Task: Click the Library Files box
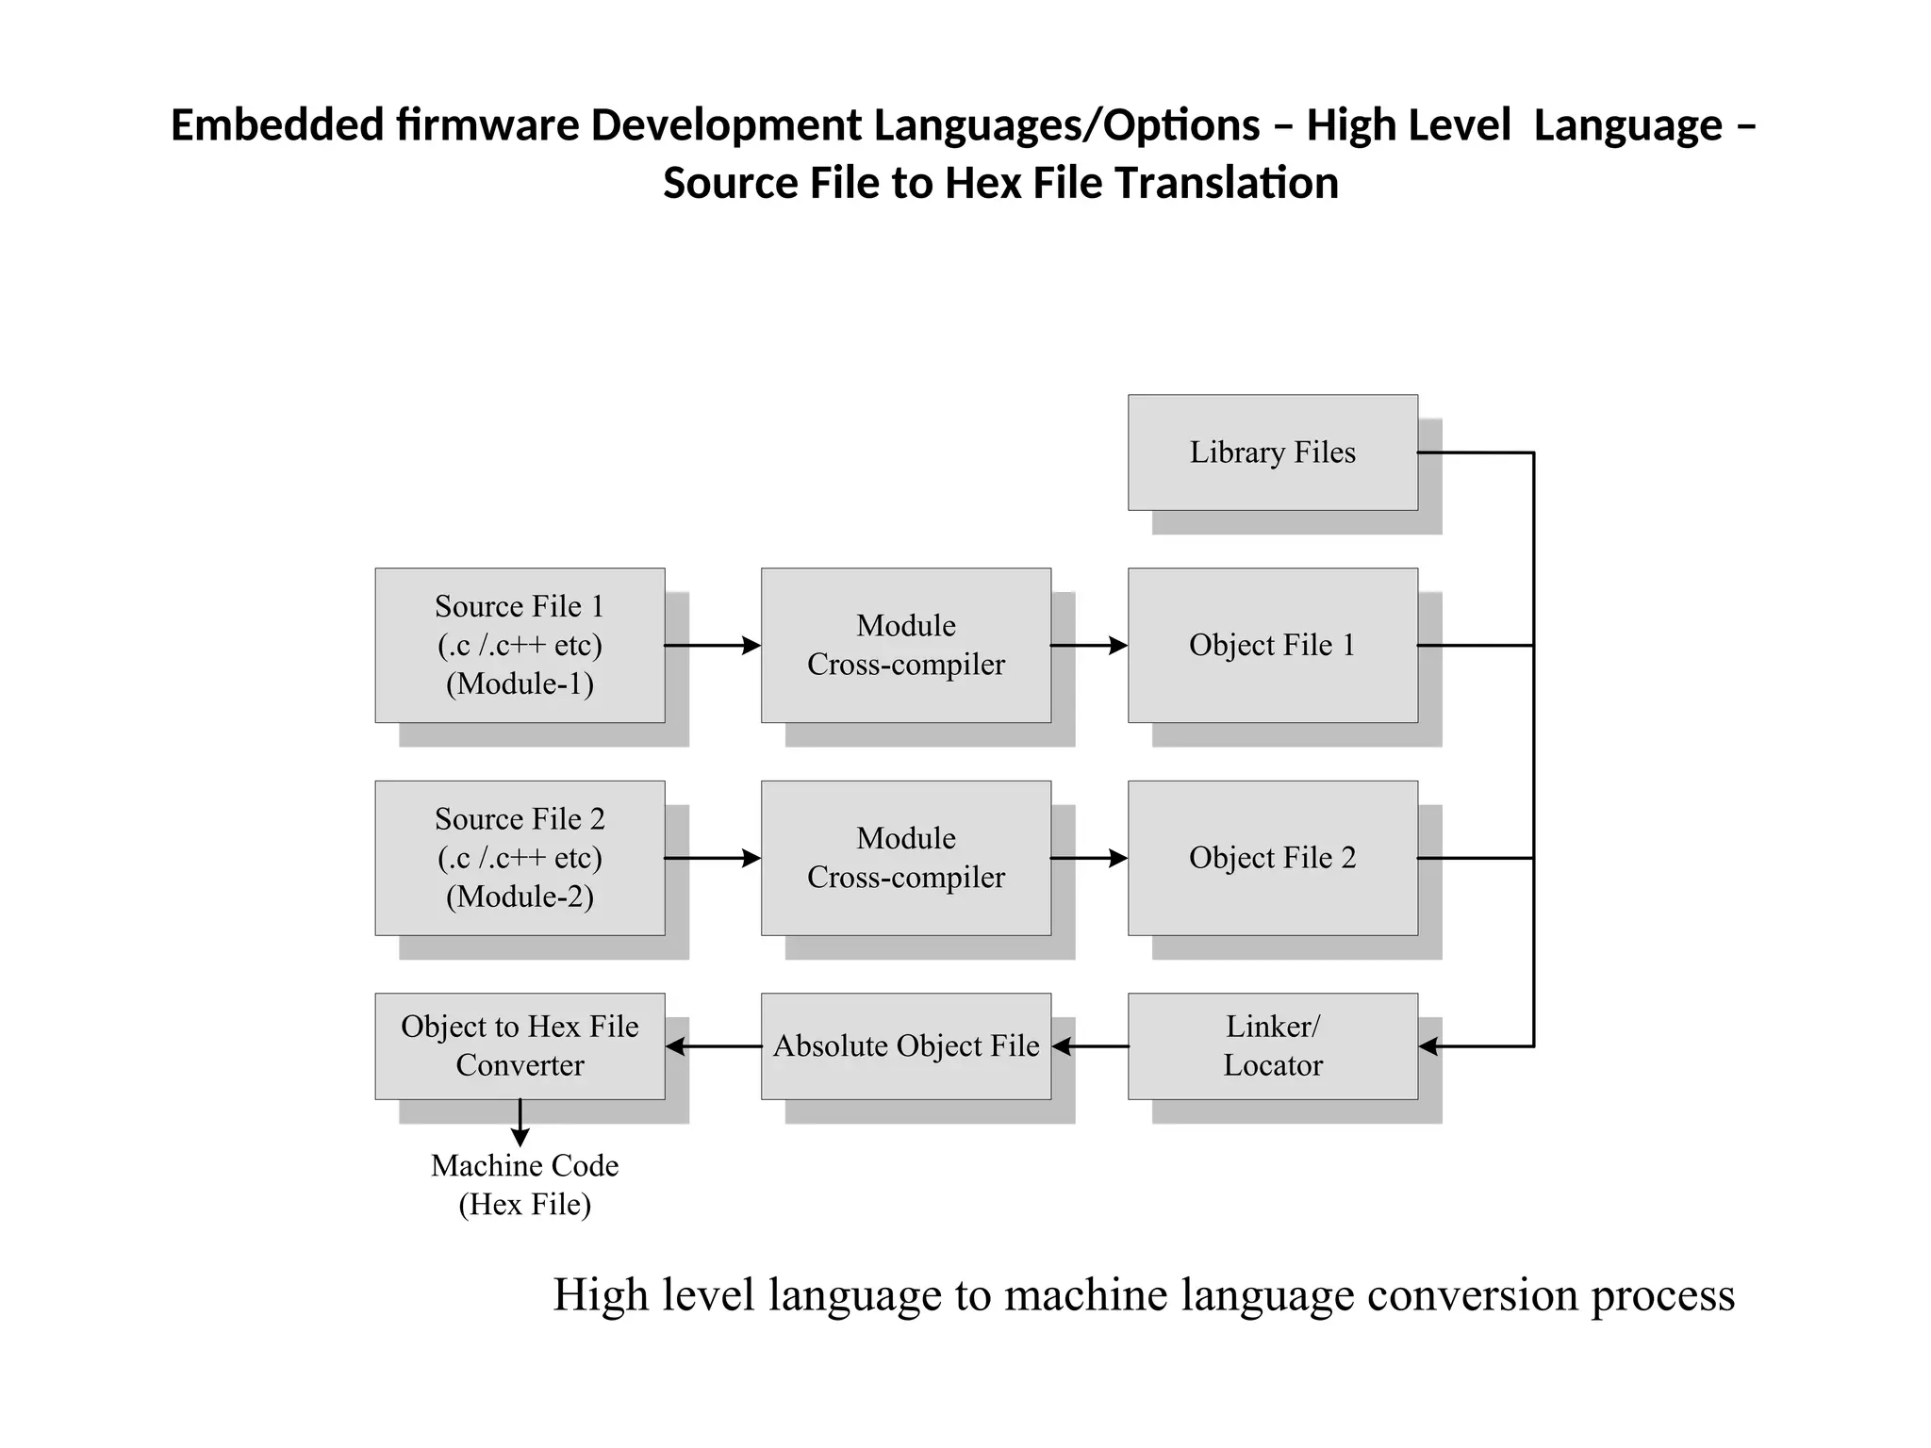pyautogui.click(x=1272, y=452)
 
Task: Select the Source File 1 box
pyautogui.click(x=520, y=645)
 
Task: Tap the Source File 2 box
pyautogui.click(x=520, y=858)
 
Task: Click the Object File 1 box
pyautogui.click(x=1272, y=645)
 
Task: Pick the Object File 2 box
pyautogui.click(x=1272, y=858)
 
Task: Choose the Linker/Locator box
pyautogui.click(x=1272, y=1045)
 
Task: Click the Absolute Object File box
pyautogui.click(x=905, y=1045)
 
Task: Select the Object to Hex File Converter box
pyautogui.click(x=520, y=1045)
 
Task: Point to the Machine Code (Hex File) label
pyautogui.click(x=524, y=1185)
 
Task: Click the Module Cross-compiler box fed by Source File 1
pyautogui.click(x=905, y=645)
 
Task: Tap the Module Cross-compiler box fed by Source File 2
pyautogui.click(x=905, y=858)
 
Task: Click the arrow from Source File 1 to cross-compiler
pyautogui.click(x=712, y=646)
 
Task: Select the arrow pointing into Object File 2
pyautogui.click(x=1089, y=858)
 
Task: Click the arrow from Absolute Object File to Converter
pyautogui.click(x=713, y=1046)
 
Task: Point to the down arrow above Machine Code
pyautogui.click(x=520, y=1124)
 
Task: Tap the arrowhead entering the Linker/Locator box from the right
pyautogui.click(x=1429, y=1046)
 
